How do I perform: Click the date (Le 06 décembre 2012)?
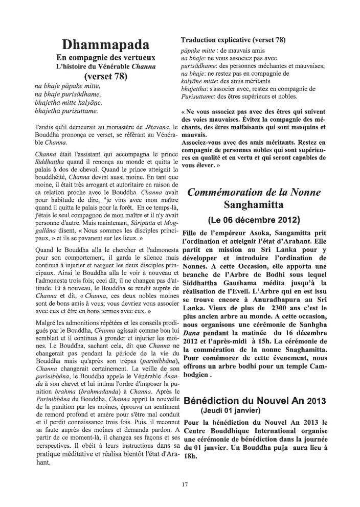click(253, 221)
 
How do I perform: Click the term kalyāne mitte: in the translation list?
click(202, 81)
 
